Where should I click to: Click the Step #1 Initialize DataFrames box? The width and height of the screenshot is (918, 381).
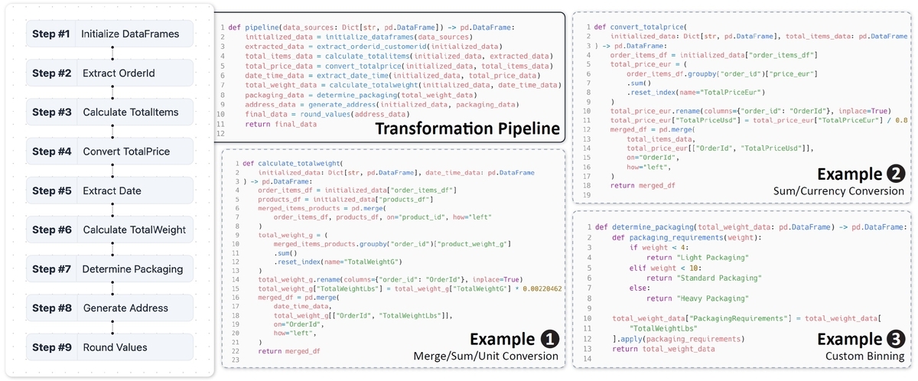[112, 34]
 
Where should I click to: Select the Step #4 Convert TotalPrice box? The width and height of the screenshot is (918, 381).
[112, 151]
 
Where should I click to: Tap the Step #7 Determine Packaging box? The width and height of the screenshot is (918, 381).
[112, 269]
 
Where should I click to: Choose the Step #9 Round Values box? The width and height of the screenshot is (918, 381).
[112, 347]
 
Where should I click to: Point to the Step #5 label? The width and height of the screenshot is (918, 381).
[52, 190]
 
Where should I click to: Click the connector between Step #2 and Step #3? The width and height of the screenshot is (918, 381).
[112, 93]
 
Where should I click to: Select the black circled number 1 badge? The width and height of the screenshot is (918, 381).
[549, 339]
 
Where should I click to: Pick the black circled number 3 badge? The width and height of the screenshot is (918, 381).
[895, 339]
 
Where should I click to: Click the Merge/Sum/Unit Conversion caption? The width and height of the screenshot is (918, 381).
[487, 357]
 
